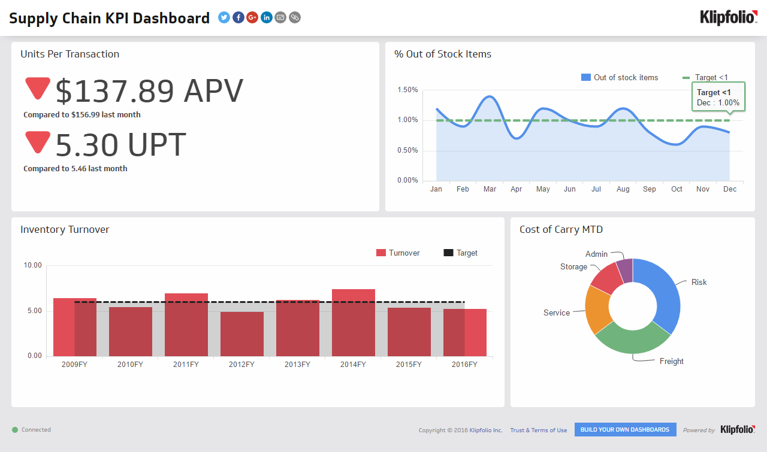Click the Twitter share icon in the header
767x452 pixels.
pyautogui.click(x=224, y=17)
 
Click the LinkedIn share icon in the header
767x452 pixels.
pyautogui.click(x=266, y=17)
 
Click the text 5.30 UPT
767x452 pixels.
pyautogui.click(x=120, y=144)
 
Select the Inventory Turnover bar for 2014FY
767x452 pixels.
pyautogui.click(x=353, y=323)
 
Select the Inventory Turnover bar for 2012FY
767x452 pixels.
pyautogui.click(x=241, y=334)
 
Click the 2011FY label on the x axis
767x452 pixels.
pyautogui.click(x=186, y=365)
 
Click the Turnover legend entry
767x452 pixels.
pyautogui.click(x=398, y=253)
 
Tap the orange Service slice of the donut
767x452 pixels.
pyautogui.click(x=597, y=310)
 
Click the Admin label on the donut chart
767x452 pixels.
pyautogui.click(x=596, y=254)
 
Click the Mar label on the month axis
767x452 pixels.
pyautogui.click(x=490, y=189)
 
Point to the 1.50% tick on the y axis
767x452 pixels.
pyautogui.click(x=407, y=90)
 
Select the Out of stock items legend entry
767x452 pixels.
pyautogui.click(x=620, y=78)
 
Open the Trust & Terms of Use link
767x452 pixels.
pyautogui.click(x=538, y=430)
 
